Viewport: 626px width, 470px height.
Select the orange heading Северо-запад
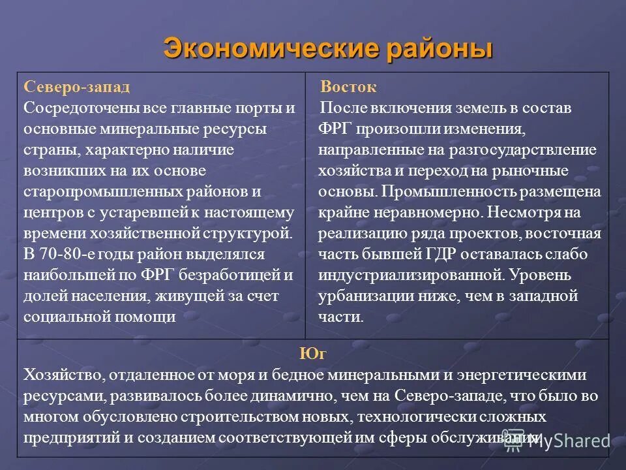[77, 87]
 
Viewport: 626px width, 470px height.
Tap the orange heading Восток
[348, 87]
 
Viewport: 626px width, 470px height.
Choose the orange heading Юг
[313, 354]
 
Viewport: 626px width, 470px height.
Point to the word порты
[258, 108]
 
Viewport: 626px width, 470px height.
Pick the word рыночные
[535, 171]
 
